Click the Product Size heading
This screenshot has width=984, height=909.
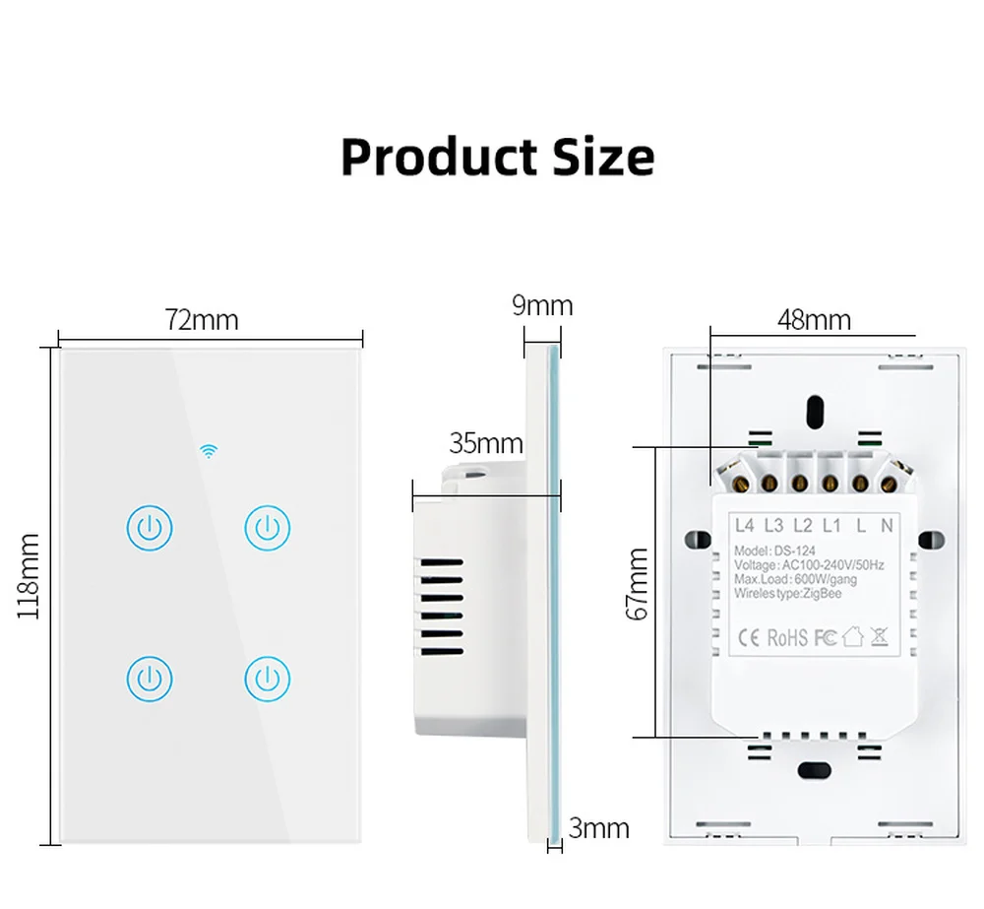pos(497,157)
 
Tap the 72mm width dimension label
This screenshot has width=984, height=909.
pos(202,320)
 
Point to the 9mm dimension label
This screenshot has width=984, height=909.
pos(541,305)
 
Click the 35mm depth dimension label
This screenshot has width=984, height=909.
pos(486,443)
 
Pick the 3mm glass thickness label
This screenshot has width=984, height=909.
pos(599,828)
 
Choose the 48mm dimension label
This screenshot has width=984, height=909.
pos(814,320)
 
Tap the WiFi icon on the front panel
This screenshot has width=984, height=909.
pos(209,452)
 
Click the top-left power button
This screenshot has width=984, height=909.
pos(150,528)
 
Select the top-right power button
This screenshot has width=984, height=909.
pos(267,528)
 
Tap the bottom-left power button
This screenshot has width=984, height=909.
pos(150,679)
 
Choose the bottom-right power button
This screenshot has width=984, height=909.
pos(267,679)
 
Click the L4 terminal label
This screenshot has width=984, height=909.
pos(744,526)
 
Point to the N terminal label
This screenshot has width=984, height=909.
pos(887,526)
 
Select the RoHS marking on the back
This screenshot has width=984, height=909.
pos(787,637)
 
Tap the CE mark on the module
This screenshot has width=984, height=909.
pos(749,637)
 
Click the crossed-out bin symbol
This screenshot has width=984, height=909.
pos(879,636)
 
